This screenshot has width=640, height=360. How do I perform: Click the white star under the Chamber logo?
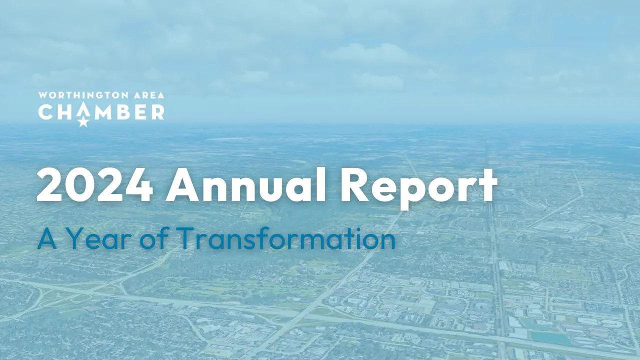[83, 122]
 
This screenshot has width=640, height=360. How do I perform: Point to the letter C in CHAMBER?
[45, 112]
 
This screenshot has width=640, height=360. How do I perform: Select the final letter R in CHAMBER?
[157, 112]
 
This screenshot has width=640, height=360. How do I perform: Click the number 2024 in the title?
[95, 185]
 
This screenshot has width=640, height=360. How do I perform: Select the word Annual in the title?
[245, 184]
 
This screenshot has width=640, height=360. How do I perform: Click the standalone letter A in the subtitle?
[47, 238]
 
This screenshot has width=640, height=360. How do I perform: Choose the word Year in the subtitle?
[99, 238]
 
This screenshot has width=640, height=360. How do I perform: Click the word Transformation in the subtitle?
[286, 237]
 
